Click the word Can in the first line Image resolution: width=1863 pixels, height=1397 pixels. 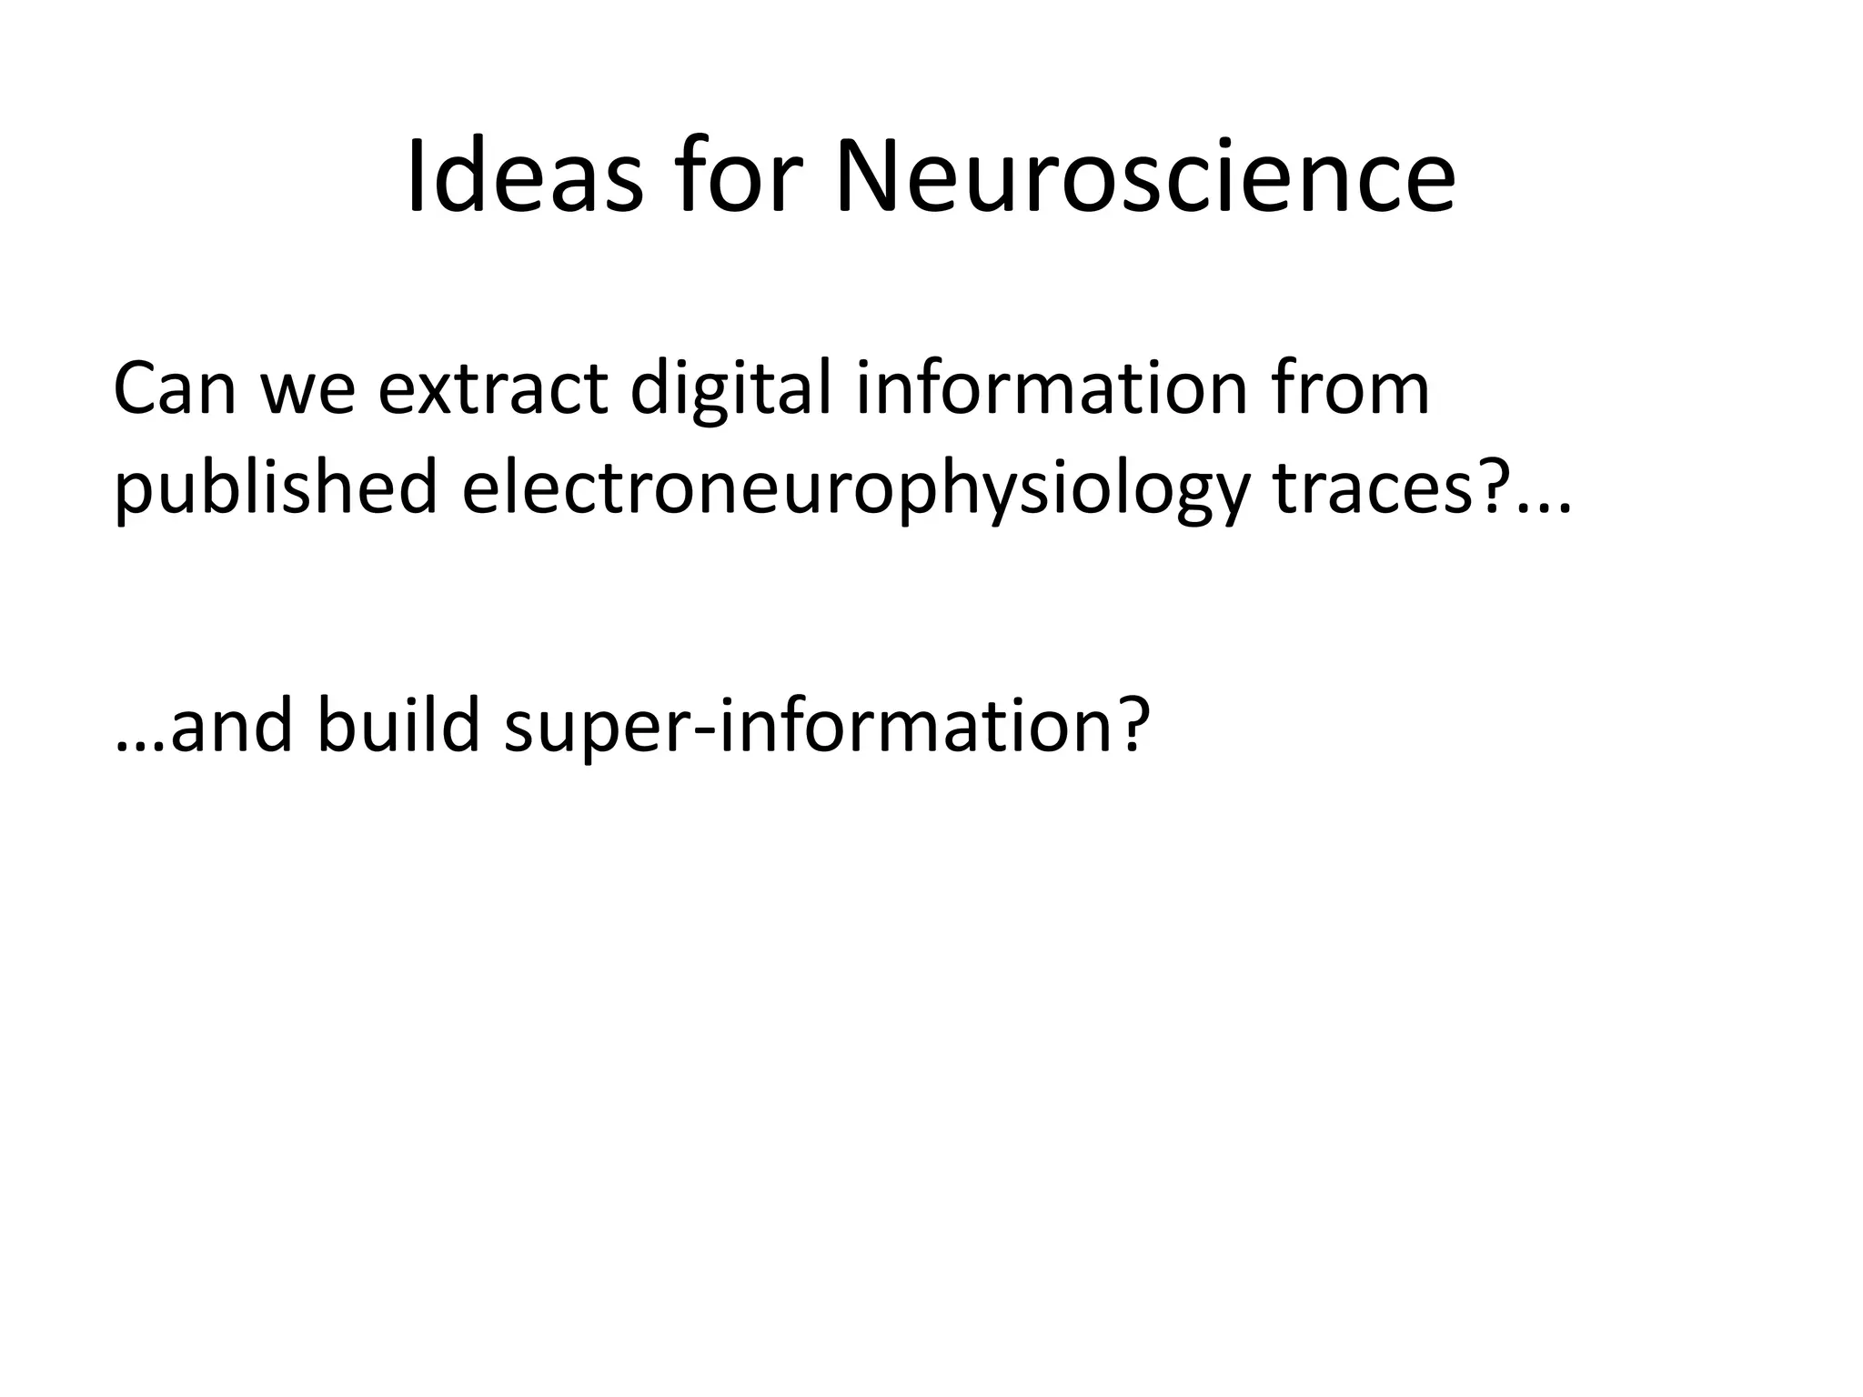coord(175,388)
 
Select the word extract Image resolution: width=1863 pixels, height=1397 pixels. coord(492,389)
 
